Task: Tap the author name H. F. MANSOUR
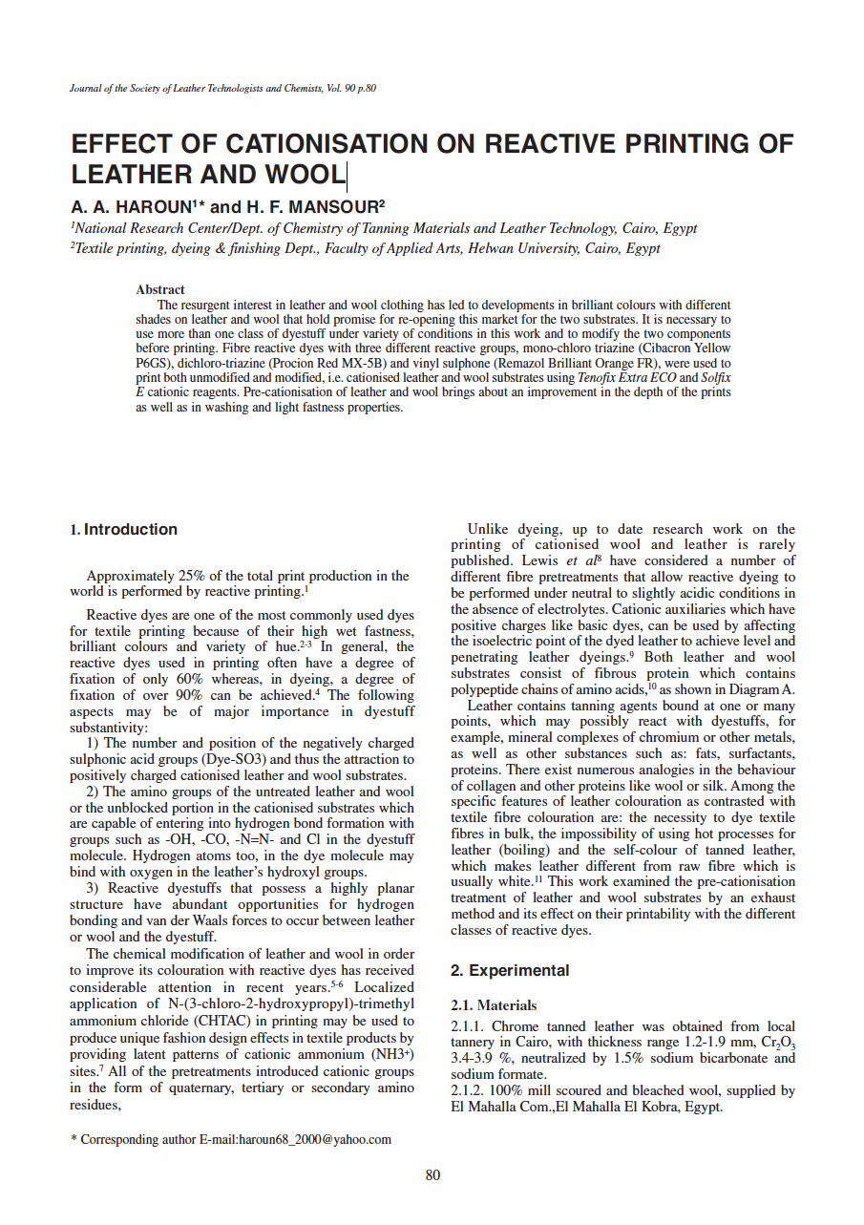tap(312, 207)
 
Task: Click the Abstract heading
tap(160, 289)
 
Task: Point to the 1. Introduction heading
tap(124, 530)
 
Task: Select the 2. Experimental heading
tap(510, 971)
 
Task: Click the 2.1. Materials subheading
tap(493, 1005)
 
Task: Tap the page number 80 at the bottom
tap(432, 1175)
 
